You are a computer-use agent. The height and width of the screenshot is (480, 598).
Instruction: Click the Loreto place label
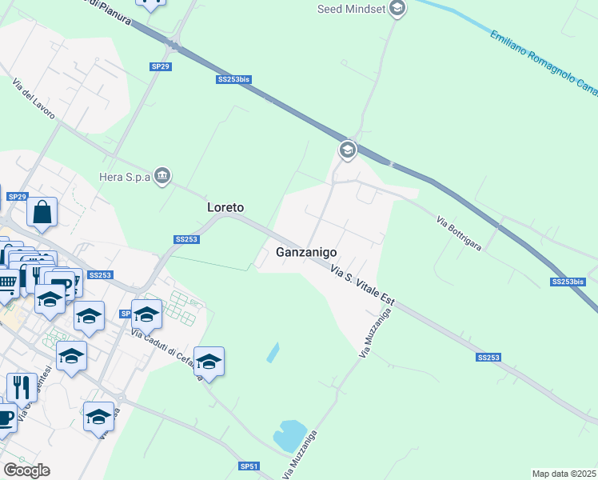[x=225, y=207]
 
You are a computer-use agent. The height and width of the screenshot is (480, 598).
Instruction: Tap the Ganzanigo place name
[x=305, y=252]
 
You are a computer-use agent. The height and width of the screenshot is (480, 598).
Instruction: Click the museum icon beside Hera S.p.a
[x=163, y=175]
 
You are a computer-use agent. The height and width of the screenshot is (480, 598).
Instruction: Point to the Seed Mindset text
[x=351, y=9]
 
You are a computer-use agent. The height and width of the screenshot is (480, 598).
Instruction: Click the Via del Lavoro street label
[x=34, y=99]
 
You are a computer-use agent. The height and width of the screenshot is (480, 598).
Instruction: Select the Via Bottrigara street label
[x=459, y=234]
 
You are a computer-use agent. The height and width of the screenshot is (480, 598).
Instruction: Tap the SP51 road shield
[x=249, y=466]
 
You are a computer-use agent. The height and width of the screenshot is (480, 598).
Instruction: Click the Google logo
[x=26, y=470]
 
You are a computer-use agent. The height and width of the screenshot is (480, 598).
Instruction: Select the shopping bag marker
[x=42, y=213]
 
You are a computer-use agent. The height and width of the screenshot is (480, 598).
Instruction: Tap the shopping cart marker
[x=6, y=282]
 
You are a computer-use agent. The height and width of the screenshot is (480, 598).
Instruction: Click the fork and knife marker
[x=22, y=387]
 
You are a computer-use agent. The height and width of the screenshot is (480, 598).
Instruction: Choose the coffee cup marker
[x=4, y=418]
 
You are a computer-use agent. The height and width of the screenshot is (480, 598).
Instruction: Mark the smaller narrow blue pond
[x=273, y=351]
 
